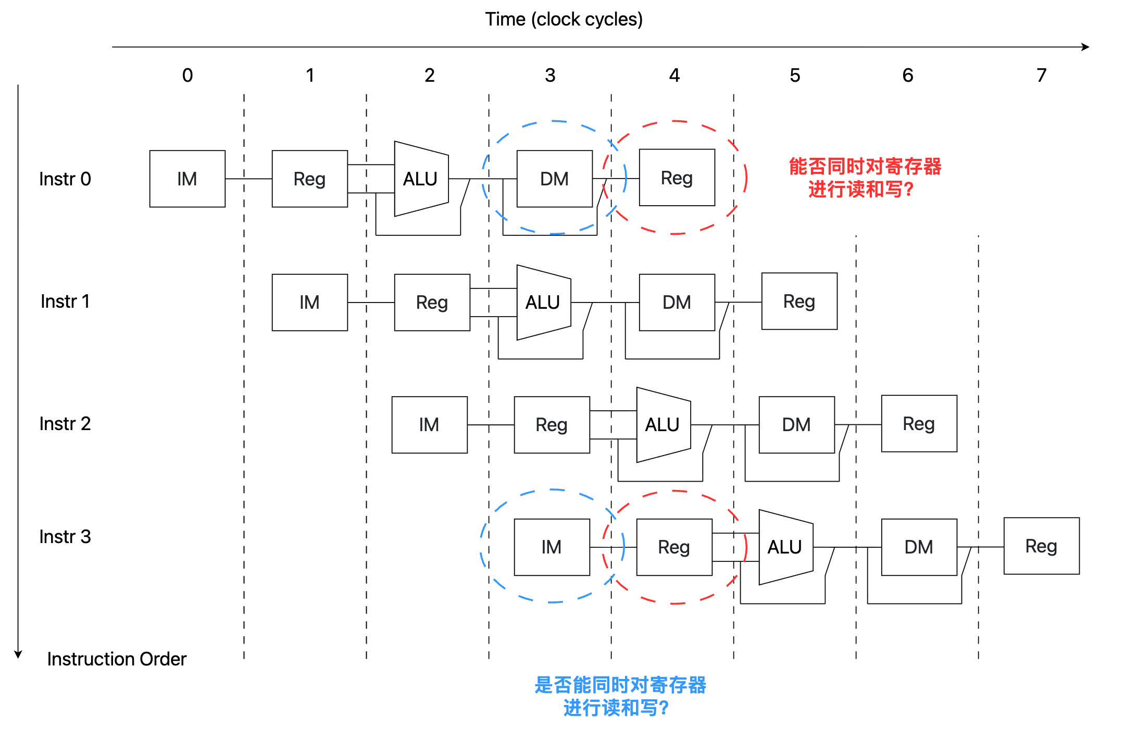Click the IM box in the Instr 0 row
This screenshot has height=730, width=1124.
[x=188, y=179]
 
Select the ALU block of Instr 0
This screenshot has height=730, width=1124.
[x=421, y=179]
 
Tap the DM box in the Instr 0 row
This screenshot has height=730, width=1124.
[x=555, y=179]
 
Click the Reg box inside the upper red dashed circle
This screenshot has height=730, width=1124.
[x=677, y=178]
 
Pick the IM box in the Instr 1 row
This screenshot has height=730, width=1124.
[x=310, y=303]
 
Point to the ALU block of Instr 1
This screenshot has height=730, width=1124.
[x=544, y=303]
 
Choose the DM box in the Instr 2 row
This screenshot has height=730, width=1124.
[x=797, y=425]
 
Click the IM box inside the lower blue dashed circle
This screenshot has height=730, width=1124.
[x=552, y=547]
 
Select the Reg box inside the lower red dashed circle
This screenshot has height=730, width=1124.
[x=675, y=547]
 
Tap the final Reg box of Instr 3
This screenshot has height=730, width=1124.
[x=1042, y=546]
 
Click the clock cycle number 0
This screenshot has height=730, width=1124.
[x=188, y=75]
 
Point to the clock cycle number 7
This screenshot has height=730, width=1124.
[x=1041, y=75]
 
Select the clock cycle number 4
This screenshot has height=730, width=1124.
[x=675, y=75]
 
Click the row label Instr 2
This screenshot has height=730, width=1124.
[x=65, y=424]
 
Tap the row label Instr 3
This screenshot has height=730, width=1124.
[x=65, y=537]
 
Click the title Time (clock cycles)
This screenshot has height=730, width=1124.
[x=564, y=19]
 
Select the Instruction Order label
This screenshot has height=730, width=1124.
[x=117, y=659]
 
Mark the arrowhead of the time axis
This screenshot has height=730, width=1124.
[x=1085, y=47]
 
